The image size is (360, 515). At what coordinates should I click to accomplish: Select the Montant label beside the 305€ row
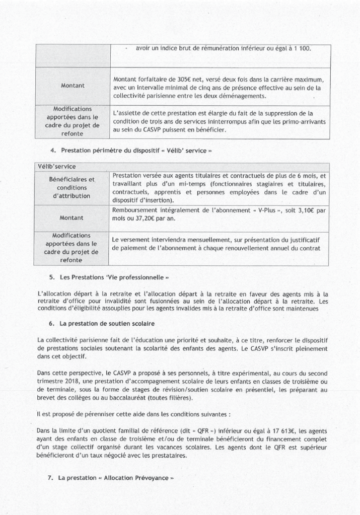pos(73,86)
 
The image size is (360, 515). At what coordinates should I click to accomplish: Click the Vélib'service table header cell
pos(54,166)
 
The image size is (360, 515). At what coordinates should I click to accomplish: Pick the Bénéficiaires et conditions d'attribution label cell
pos(72,187)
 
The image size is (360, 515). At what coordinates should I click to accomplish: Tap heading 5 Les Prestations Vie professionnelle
pos(116,277)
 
